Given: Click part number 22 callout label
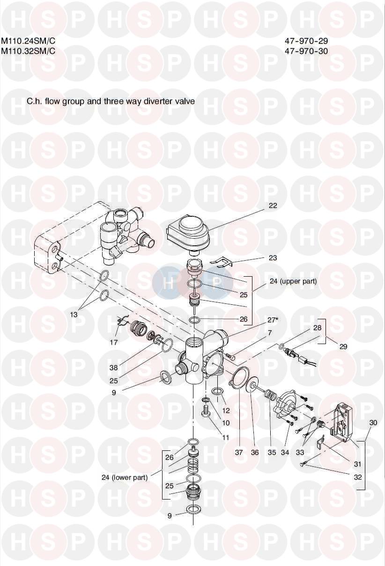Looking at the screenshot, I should coord(273,205).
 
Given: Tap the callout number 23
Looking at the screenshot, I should coord(273,257).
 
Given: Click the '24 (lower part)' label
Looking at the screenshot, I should coord(125,478).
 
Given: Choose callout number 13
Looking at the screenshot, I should coord(74,315).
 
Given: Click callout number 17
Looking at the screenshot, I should coord(114,342).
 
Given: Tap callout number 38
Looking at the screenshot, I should coord(114,368).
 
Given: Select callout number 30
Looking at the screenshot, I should coord(373,423).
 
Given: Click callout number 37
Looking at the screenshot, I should coord(239,452).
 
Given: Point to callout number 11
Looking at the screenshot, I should coord(226,438).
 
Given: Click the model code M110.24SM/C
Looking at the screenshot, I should coord(28,40).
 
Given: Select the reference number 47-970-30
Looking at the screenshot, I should coord(306,51).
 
